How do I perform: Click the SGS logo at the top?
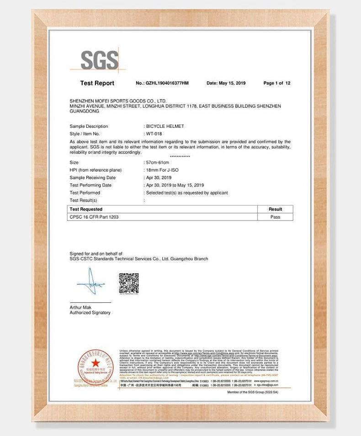click(x=99, y=60)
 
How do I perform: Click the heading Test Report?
click(x=97, y=83)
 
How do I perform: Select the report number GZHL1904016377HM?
click(x=163, y=83)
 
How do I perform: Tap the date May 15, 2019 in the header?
click(x=226, y=83)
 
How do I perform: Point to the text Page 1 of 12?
click(x=277, y=83)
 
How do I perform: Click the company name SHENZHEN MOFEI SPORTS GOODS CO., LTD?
click(x=118, y=100)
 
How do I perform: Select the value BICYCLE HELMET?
click(x=165, y=126)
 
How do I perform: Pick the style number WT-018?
click(x=154, y=134)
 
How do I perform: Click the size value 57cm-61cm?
click(x=158, y=163)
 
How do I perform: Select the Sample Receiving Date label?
click(x=93, y=178)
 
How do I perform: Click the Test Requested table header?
click(x=86, y=209)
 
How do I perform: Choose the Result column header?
click(x=275, y=209)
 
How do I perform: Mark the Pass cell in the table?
click(x=275, y=217)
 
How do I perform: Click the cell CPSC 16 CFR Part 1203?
click(x=94, y=217)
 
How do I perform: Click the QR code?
click(x=129, y=283)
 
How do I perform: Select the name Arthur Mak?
click(x=80, y=307)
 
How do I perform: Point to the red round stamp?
click(x=95, y=364)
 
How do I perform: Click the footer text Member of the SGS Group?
click(x=252, y=393)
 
